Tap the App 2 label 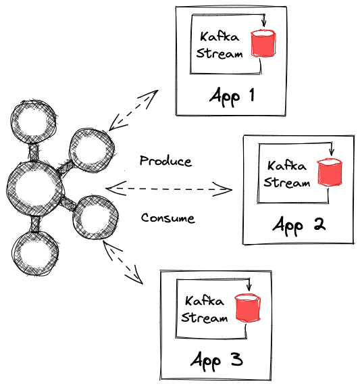pyautogui.click(x=299, y=224)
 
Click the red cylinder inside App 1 pyautogui.click(x=262, y=43)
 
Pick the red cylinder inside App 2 pyautogui.click(x=329, y=172)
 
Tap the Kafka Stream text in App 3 pyautogui.click(x=205, y=310)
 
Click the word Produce pyautogui.click(x=165, y=162)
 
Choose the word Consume pyautogui.click(x=168, y=218)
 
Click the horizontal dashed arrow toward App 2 pyautogui.click(x=169, y=188)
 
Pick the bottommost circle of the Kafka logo pyautogui.click(x=35, y=255)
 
